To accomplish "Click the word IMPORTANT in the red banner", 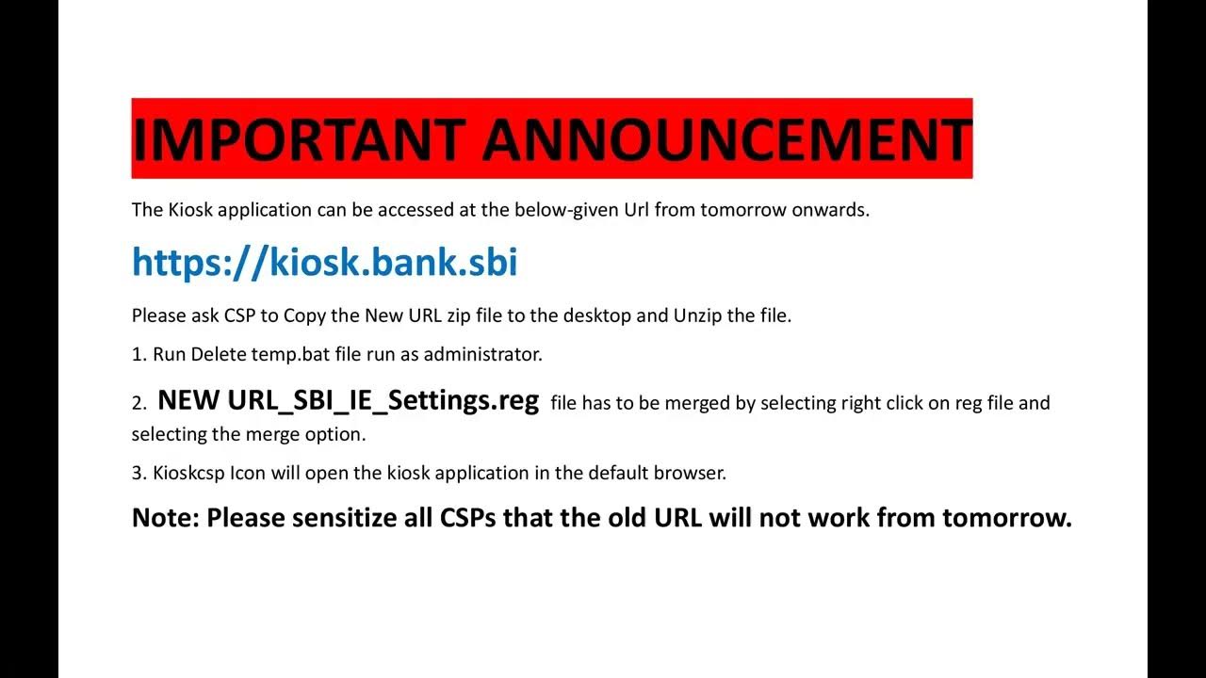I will (x=299, y=139).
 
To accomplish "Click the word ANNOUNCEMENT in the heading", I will (x=726, y=139).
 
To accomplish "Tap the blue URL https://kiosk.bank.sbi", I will (x=324, y=262).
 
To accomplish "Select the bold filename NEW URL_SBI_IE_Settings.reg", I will (x=348, y=401).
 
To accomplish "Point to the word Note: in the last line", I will (x=165, y=518).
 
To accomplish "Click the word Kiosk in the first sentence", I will (x=191, y=210).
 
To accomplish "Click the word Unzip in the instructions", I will (x=697, y=315).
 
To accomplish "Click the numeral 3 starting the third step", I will (x=137, y=473).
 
